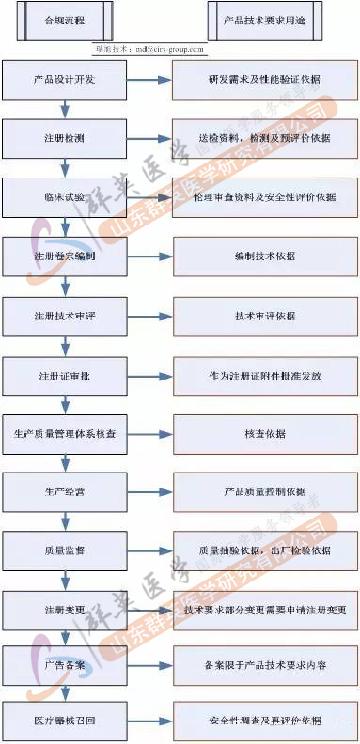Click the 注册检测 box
(x=64, y=139)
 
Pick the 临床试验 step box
(x=64, y=197)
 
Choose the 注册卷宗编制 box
(x=64, y=256)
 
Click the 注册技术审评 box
(x=64, y=315)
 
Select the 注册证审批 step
(x=64, y=375)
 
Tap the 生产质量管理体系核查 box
(x=64, y=433)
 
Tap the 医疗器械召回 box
(x=64, y=721)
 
